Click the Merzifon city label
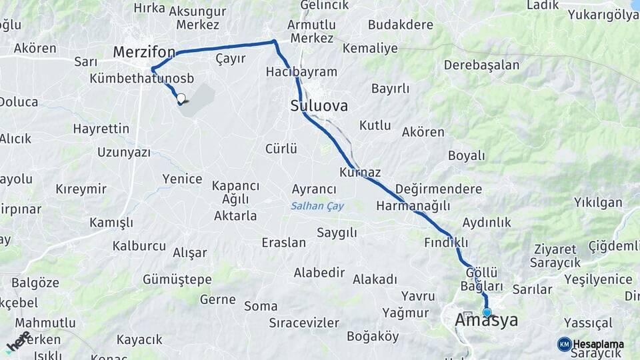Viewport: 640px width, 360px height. [x=144, y=52]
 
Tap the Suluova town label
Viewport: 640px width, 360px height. [x=319, y=106]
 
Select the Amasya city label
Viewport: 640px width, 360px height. [x=486, y=321]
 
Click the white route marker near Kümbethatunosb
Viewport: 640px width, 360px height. [x=181, y=98]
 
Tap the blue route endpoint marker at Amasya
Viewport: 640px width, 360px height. [x=487, y=312]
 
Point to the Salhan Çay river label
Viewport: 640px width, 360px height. [x=317, y=207]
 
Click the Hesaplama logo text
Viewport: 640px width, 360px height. [x=598, y=344]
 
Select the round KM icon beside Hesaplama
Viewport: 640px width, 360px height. [x=564, y=344]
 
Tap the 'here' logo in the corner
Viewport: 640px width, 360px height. [x=18, y=341]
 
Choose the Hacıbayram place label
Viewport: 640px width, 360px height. [x=301, y=72]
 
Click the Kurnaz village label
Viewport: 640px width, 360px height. [x=360, y=173]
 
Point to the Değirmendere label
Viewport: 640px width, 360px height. [x=438, y=189]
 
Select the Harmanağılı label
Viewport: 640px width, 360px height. [x=413, y=206]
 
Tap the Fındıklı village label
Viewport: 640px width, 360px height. [x=446, y=243]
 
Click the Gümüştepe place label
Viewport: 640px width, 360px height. [x=177, y=279]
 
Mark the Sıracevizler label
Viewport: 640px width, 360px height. [x=304, y=323]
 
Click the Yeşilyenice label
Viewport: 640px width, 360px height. [x=598, y=279]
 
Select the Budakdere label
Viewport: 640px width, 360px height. [x=400, y=25]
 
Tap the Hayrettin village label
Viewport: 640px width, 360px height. [x=101, y=129]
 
